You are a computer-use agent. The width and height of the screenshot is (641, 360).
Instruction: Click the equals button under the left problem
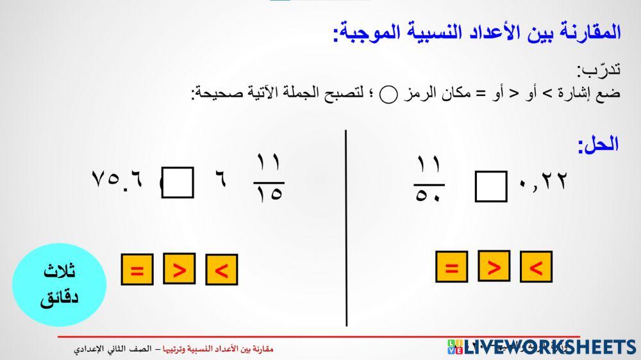(x=137, y=270)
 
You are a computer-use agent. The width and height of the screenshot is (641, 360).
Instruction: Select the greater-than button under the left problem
(x=179, y=269)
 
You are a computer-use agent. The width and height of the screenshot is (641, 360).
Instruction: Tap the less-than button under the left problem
(x=221, y=270)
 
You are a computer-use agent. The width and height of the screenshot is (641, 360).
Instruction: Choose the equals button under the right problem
(x=451, y=267)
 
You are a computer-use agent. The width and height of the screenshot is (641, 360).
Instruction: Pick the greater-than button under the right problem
(x=494, y=266)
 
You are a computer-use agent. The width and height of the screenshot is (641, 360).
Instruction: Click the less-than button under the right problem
(x=536, y=267)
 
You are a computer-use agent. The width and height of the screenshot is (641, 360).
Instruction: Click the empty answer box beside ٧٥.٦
(x=178, y=183)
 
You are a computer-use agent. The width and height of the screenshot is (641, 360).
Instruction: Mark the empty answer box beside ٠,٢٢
(x=491, y=186)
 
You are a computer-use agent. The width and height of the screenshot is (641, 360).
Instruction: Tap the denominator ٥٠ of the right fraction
(x=429, y=193)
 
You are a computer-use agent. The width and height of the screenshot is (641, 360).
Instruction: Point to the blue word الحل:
(x=597, y=144)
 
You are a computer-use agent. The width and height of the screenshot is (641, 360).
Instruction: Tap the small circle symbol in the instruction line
(x=388, y=95)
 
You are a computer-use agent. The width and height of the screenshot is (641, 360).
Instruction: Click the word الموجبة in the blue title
(x=373, y=33)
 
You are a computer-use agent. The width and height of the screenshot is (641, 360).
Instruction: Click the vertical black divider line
(x=347, y=227)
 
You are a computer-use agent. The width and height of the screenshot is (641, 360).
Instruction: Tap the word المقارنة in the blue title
(x=586, y=33)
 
